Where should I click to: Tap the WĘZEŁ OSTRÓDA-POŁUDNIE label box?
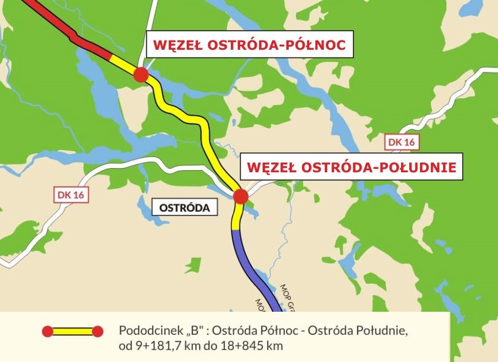click(351, 167)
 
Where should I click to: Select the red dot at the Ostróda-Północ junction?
click(141, 75)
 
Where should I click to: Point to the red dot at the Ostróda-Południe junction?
click(241, 196)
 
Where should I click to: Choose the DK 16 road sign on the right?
click(402, 143)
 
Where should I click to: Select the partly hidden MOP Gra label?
click(289, 297)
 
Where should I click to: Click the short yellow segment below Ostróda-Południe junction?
click(236, 218)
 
